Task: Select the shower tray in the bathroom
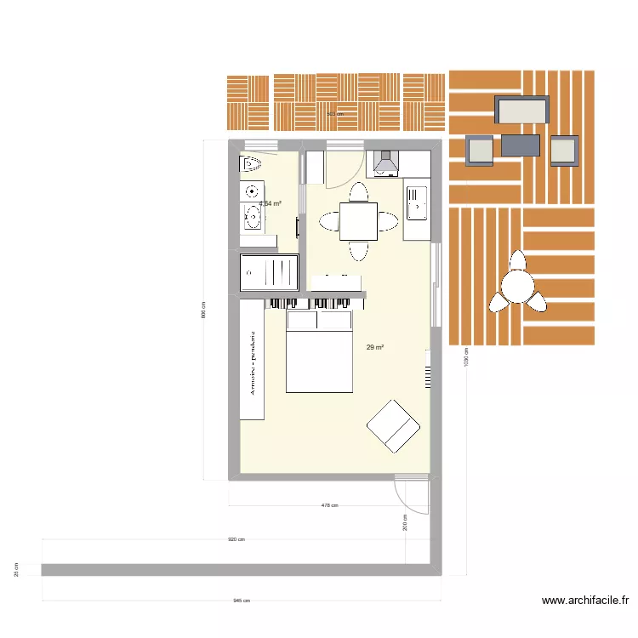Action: [270, 273]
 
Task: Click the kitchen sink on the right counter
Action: [417, 204]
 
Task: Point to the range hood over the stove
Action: [385, 162]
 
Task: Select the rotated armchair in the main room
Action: [393, 424]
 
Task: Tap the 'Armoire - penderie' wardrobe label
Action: [252, 362]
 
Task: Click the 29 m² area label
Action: [375, 348]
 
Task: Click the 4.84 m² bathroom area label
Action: [271, 204]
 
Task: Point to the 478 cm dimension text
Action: [329, 505]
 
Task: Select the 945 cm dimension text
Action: [242, 601]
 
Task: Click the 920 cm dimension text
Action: [236, 539]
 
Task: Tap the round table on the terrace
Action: [517, 288]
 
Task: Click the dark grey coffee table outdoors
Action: [521, 145]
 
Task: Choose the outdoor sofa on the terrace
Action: [522, 110]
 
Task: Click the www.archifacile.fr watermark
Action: [585, 601]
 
